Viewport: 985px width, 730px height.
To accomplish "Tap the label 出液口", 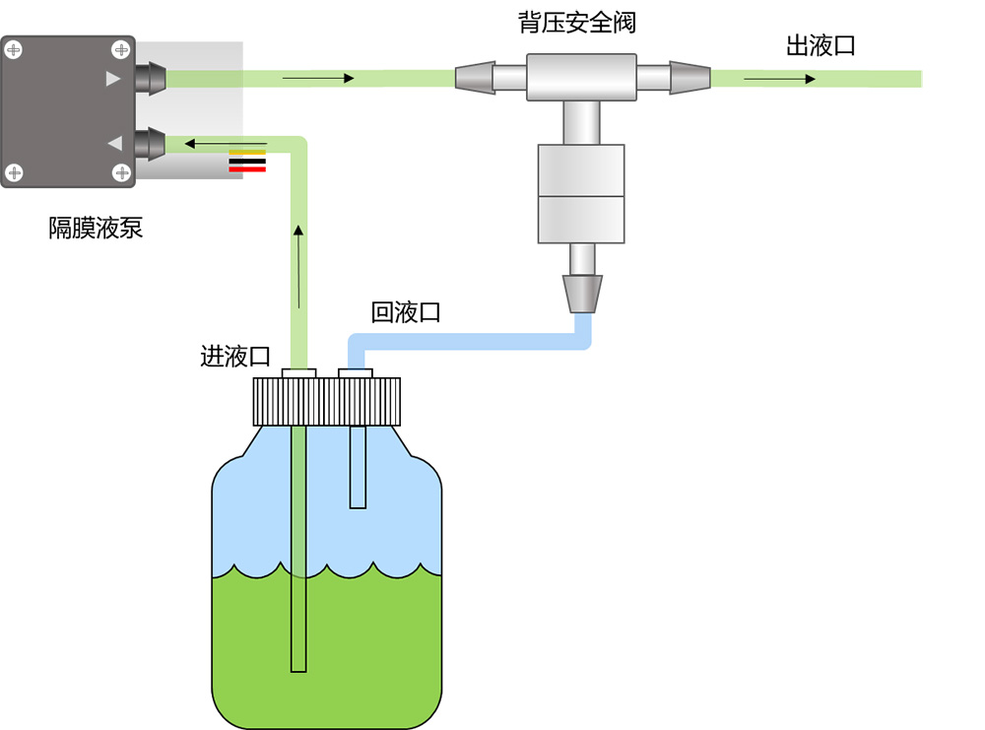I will coord(820,45).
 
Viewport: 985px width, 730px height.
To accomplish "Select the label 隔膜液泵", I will coord(96,229).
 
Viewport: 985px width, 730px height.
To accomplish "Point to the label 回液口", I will coord(405,313).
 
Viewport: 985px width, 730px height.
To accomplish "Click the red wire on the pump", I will coord(247,169).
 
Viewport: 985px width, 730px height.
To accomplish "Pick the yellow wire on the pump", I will coord(247,152).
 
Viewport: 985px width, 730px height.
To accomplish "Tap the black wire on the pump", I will coord(247,161).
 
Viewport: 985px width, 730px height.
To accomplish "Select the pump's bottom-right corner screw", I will coord(122,173).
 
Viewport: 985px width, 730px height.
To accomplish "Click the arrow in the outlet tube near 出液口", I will coord(779,79).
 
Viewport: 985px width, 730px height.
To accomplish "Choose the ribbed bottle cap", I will coord(327,400).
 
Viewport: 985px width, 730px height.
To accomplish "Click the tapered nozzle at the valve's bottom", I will coord(582,293).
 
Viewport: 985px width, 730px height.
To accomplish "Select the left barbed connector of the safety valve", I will coord(475,77).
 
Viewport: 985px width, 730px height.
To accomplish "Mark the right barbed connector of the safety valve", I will coord(689,77).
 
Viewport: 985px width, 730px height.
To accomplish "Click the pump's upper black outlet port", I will coord(149,78).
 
